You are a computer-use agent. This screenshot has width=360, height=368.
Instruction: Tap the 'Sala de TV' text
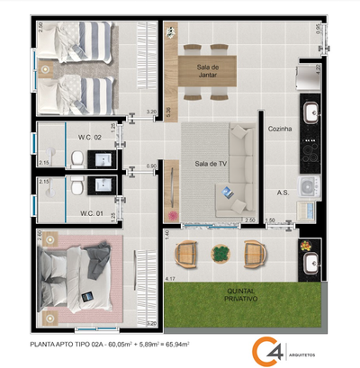coord(209,164)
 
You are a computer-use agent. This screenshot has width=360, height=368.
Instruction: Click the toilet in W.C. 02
coord(77,159)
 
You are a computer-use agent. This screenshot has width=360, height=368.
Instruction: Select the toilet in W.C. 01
coord(78,188)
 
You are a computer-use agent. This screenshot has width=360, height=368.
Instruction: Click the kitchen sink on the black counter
coord(310,113)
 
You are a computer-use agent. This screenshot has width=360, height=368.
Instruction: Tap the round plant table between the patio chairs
coord(221,253)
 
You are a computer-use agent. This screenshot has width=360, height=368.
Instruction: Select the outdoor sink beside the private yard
coord(310,262)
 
